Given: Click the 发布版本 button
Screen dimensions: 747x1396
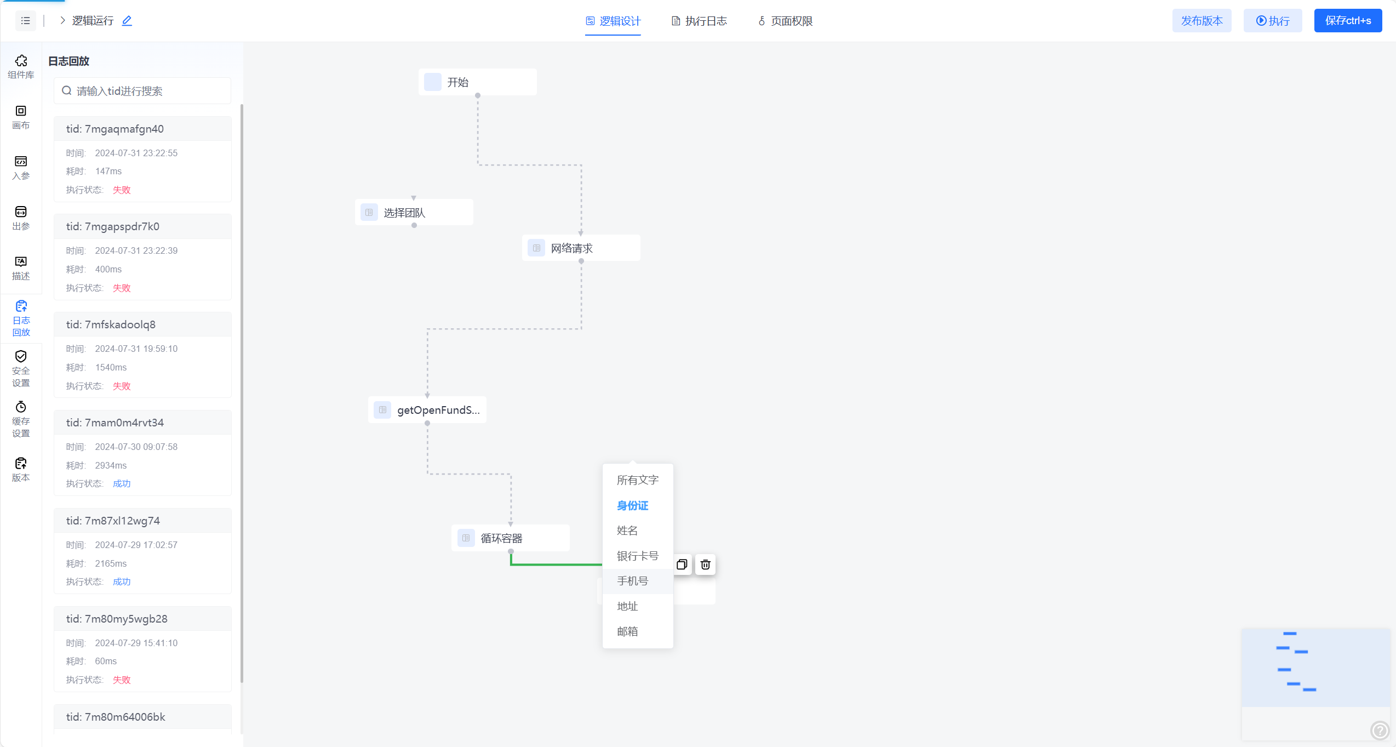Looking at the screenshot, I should pos(1202,21).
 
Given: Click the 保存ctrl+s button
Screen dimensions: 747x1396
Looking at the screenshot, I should pos(1348,21).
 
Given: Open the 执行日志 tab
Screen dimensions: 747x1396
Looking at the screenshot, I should pos(699,21).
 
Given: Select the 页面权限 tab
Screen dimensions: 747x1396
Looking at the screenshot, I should pos(785,21).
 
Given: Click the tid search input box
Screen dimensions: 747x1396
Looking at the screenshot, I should pos(142,91).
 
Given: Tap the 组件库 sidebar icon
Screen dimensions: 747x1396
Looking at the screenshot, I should pos(21,66).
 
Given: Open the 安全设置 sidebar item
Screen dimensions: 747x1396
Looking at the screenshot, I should pos(21,369).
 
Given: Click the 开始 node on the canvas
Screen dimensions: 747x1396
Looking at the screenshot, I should pos(477,82).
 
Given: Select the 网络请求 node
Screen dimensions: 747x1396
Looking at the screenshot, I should pos(581,248).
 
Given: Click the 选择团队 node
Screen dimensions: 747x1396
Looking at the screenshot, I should pos(414,213).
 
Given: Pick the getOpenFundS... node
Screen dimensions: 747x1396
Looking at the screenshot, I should pos(427,410).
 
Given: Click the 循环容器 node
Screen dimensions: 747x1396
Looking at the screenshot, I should pos(510,538).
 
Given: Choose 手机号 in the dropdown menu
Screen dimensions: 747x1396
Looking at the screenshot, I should pos(632,581).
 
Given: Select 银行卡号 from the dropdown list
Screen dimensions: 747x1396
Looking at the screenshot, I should pos(637,556).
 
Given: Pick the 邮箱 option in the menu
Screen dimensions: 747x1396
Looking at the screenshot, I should pos(627,631).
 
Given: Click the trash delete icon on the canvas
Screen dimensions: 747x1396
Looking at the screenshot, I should pos(705,564).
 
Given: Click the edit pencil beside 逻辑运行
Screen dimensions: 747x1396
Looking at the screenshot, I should pos(127,21).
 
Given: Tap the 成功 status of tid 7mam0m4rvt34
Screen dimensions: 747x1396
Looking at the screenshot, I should pos(122,483).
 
